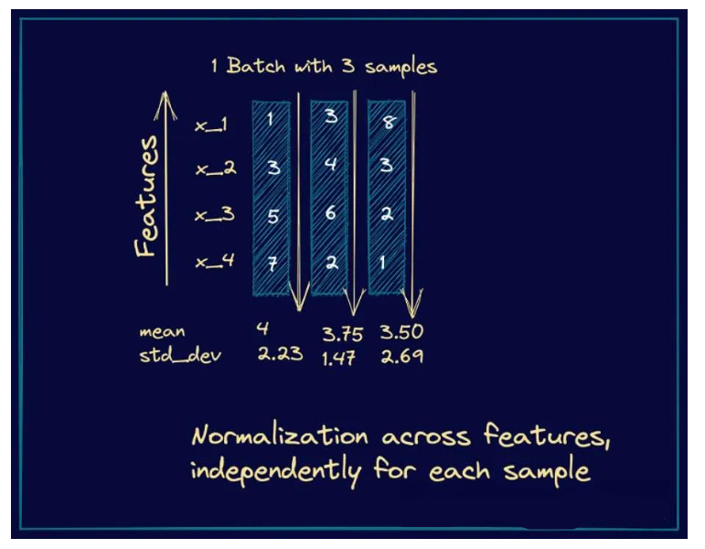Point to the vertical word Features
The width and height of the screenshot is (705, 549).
tap(147, 196)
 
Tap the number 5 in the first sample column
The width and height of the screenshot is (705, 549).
tap(271, 217)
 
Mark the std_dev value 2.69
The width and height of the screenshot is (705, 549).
tap(401, 357)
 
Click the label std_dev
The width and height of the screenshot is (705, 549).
tap(179, 354)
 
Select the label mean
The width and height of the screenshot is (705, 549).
tap(162, 332)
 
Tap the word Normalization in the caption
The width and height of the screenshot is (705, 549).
tap(279, 436)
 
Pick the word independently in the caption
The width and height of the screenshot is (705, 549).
tap(275, 472)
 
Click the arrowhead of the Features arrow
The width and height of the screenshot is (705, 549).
tap(165, 96)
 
